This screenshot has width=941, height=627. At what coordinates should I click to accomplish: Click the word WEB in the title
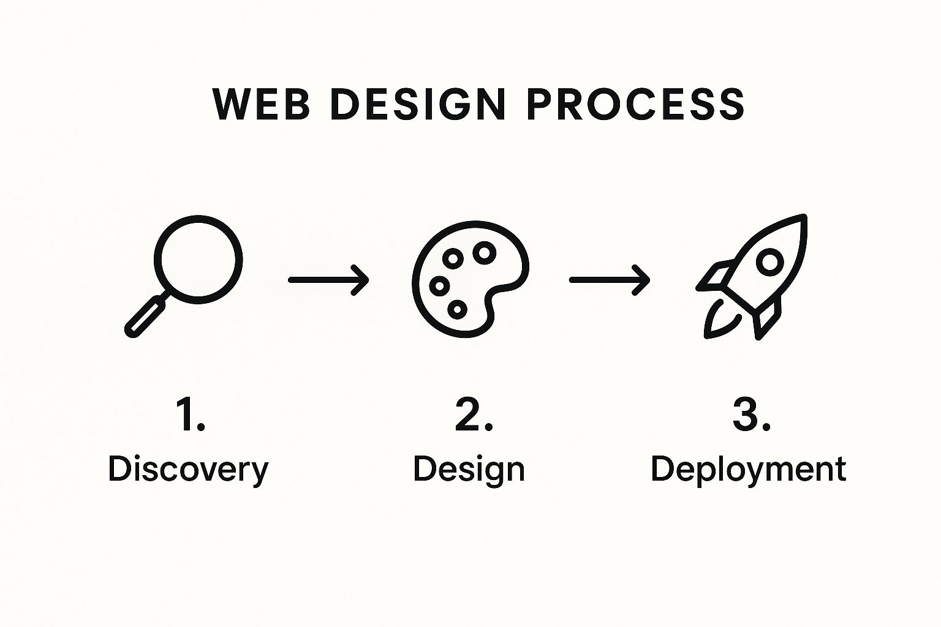[x=260, y=104]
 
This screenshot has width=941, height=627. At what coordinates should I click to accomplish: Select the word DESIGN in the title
[x=417, y=104]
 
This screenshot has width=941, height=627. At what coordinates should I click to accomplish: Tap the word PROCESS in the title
[x=635, y=104]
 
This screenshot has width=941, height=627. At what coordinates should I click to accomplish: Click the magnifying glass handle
[x=145, y=316]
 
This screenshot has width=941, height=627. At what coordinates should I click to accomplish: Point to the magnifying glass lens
[x=198, y=259]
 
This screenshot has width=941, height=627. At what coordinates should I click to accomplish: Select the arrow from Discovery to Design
[x=328, y=280]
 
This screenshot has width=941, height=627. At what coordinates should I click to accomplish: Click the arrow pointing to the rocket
[x=610, y=280]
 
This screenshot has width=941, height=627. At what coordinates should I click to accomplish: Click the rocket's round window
[x=769, y=263]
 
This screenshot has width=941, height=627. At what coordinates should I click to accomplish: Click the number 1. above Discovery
[x=191, y=415]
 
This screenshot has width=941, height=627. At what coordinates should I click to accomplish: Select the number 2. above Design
[x=474, y=415]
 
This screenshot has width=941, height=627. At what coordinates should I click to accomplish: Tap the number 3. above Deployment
[x=751, y=415]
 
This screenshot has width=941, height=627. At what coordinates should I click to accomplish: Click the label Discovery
[x=188, y=470]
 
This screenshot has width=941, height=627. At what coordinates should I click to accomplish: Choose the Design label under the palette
[x=469, y=470]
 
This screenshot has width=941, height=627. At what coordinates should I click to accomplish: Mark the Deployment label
[x=748, y=470]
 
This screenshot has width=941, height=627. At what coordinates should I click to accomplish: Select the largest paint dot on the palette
[x=484, y=251]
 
